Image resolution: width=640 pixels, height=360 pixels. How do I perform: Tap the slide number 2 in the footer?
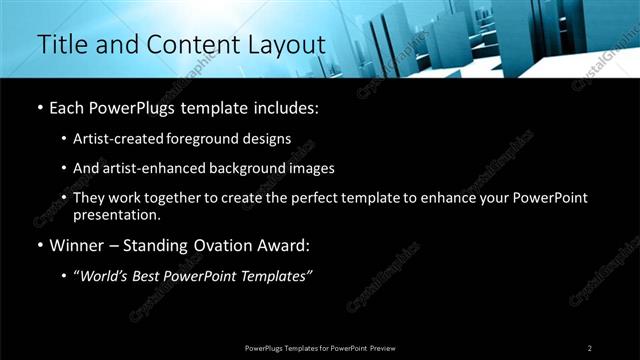(x=590, y=348)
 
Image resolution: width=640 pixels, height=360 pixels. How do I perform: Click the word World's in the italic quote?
(x=110, y=276)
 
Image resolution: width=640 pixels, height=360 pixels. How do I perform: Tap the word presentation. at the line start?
(x=117, y=215)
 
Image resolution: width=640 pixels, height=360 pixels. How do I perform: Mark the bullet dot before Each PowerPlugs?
(x=39, y=108)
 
